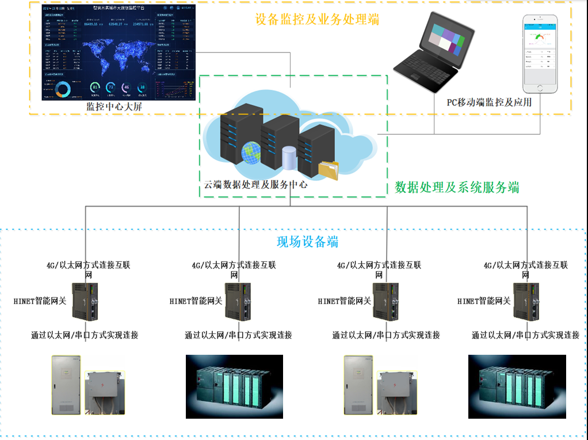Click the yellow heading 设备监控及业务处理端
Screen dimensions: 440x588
point(318,18)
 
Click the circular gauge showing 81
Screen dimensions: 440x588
point(96,88)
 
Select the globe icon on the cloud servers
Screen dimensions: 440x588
point(252,153)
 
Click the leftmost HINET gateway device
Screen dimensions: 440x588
point(85,301)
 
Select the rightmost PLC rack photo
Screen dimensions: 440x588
point(516,386)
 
